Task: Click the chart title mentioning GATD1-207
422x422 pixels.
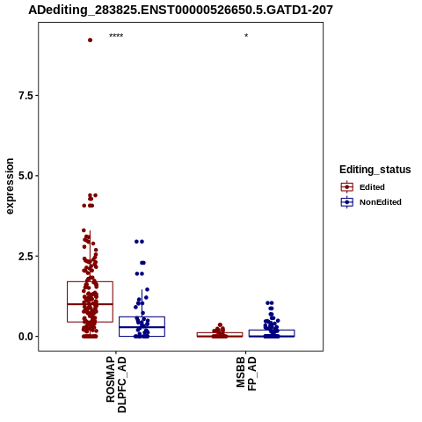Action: tap(180, 10)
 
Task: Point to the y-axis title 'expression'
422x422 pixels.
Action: tap(10, 186)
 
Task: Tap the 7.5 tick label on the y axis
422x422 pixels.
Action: tap(26, 96)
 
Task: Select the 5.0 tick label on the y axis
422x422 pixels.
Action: tap(26, 176)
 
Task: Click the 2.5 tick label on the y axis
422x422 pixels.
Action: tap(26, 256)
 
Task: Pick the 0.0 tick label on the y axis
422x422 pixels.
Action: tap(26, 337)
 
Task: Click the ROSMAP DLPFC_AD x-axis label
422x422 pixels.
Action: tap(116, 384)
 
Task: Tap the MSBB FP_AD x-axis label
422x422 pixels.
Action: tap(246, 374)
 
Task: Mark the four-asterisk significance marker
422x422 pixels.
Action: tap(116, 36)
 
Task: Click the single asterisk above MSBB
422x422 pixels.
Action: tap(246, 36)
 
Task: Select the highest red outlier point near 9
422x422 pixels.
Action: tap(90, 40)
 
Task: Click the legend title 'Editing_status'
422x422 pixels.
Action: tap(375, 170)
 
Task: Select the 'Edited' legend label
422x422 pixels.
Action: tap(372, 187)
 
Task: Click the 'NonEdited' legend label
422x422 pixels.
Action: tap(381, 202)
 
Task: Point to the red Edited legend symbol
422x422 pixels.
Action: tap(347, 187)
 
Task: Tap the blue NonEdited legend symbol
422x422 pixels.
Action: tap(347, 202)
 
